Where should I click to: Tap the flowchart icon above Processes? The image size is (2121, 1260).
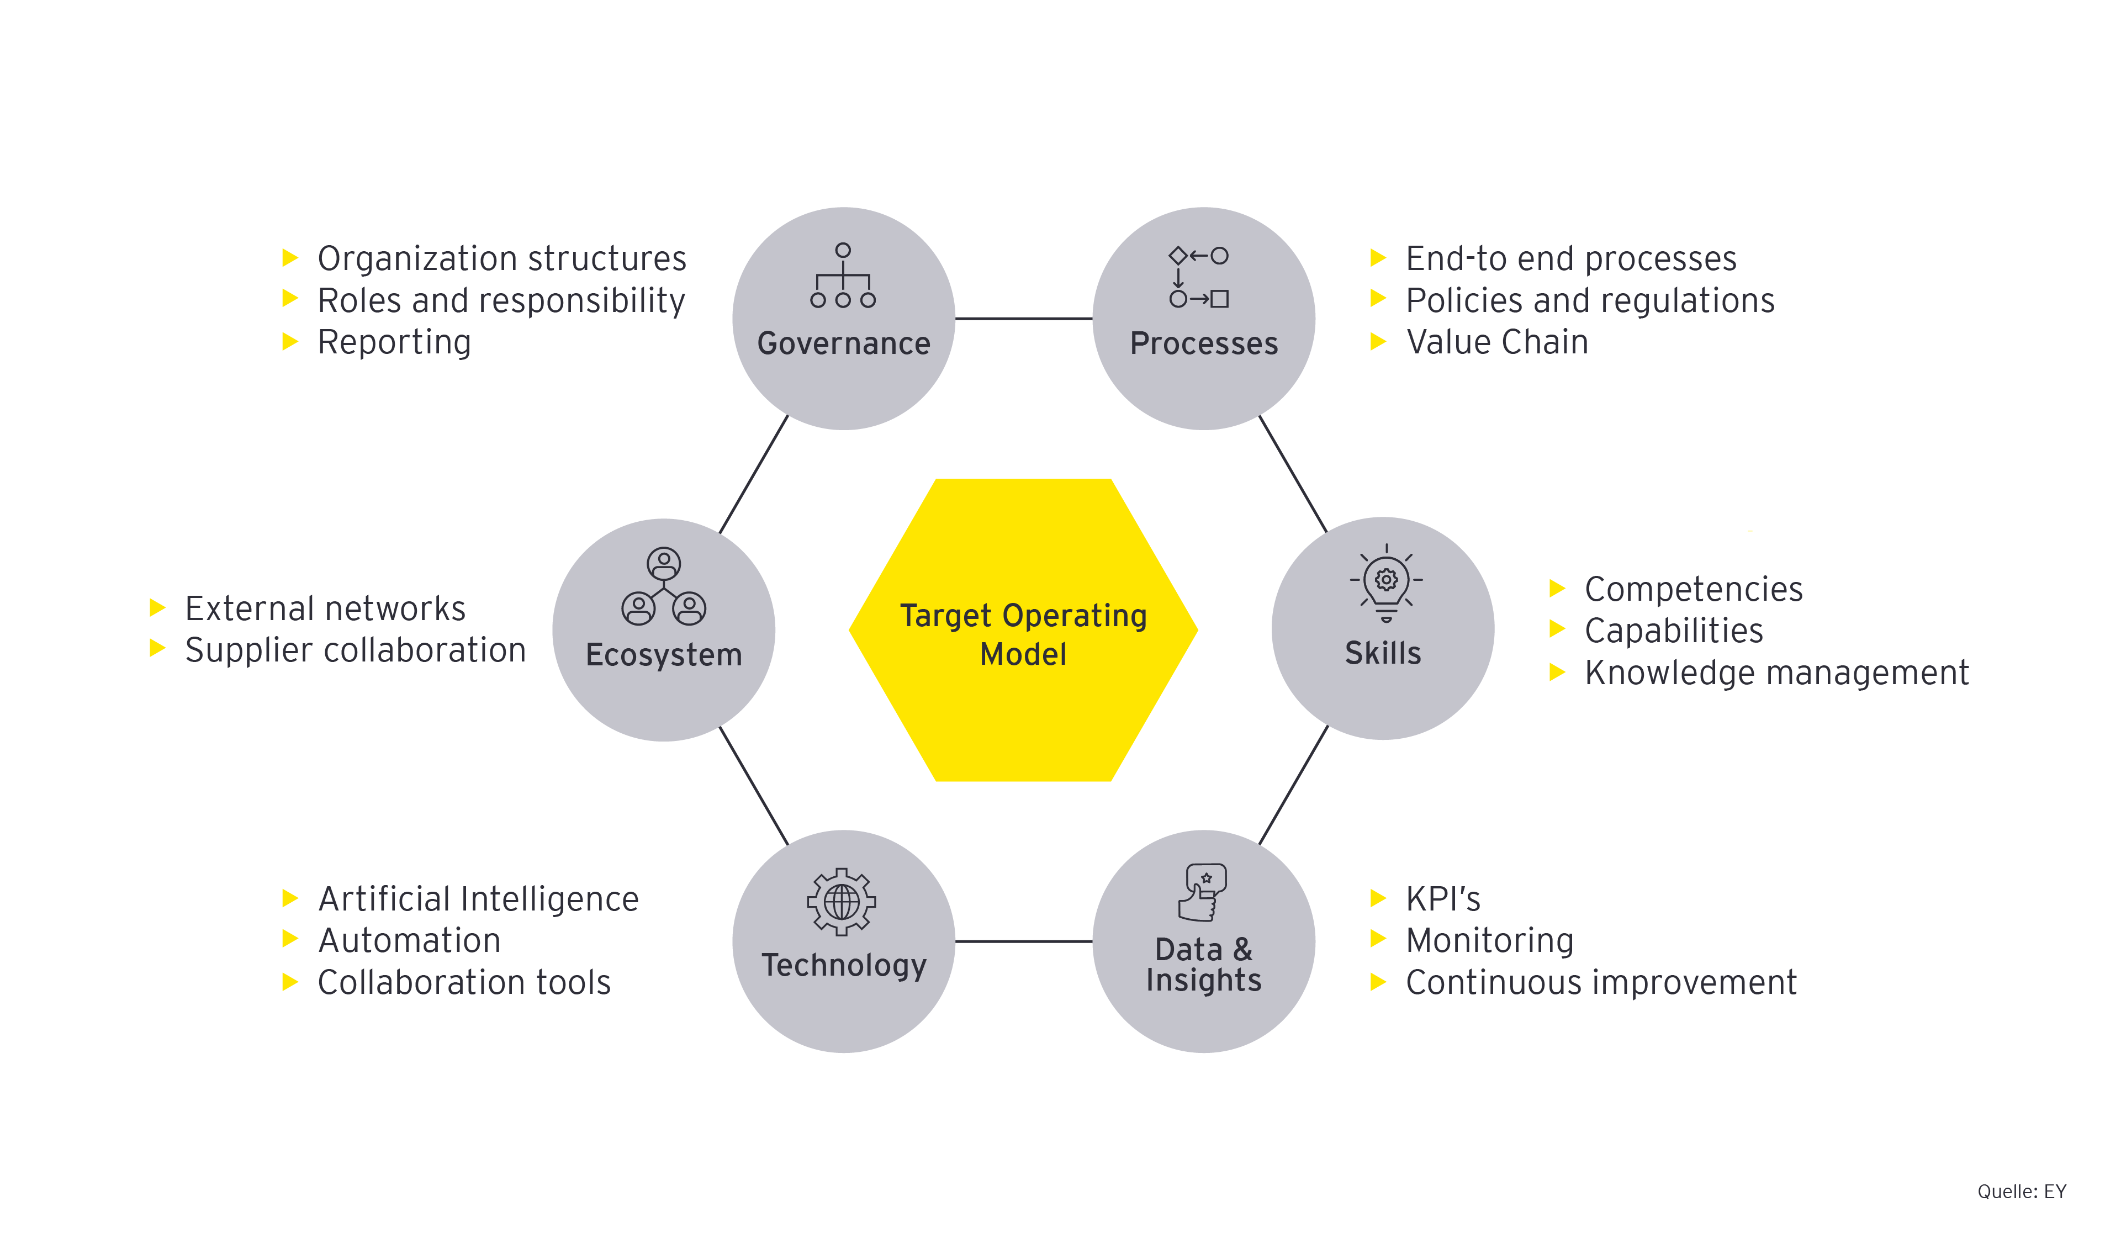1198,277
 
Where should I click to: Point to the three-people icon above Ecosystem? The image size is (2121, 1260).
663,587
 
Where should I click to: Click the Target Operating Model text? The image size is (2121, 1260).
1023,634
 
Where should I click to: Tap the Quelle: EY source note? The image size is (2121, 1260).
2021,1191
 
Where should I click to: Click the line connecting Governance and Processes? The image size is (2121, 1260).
1023,319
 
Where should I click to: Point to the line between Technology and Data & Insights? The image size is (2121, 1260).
1023,941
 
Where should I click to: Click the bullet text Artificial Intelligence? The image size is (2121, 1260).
478,899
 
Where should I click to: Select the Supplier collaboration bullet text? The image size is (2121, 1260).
356,650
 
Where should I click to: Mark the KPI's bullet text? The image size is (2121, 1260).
1442,899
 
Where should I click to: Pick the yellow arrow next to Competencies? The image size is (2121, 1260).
1556,587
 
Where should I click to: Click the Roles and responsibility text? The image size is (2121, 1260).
501,300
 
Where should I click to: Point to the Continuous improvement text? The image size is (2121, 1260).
1600,982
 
